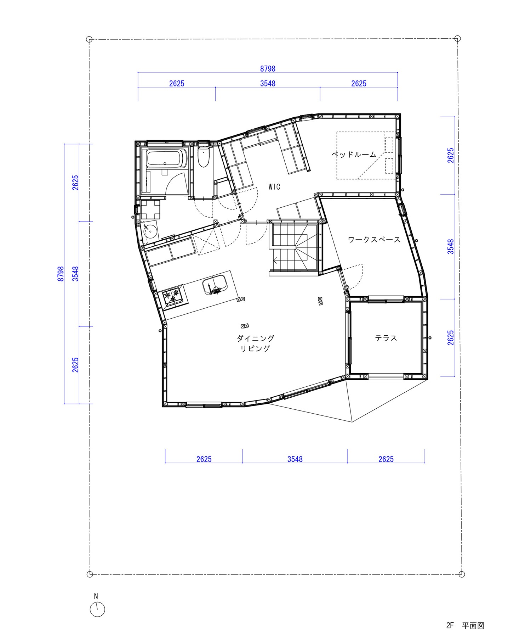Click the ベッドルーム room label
[354, 155]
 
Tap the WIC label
[274, 187]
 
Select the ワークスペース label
[374, 240]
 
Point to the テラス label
[386, 338]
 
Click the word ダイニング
[256, 338]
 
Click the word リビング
[255, 348]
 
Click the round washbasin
[150, 231]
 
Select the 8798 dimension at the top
[268, 68]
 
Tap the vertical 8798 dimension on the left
[61, 274]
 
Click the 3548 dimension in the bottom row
[295, 459]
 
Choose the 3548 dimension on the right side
[450, 247]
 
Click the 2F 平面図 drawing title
[465, 626]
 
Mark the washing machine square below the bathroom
[150, 209]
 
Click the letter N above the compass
[96, 597]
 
